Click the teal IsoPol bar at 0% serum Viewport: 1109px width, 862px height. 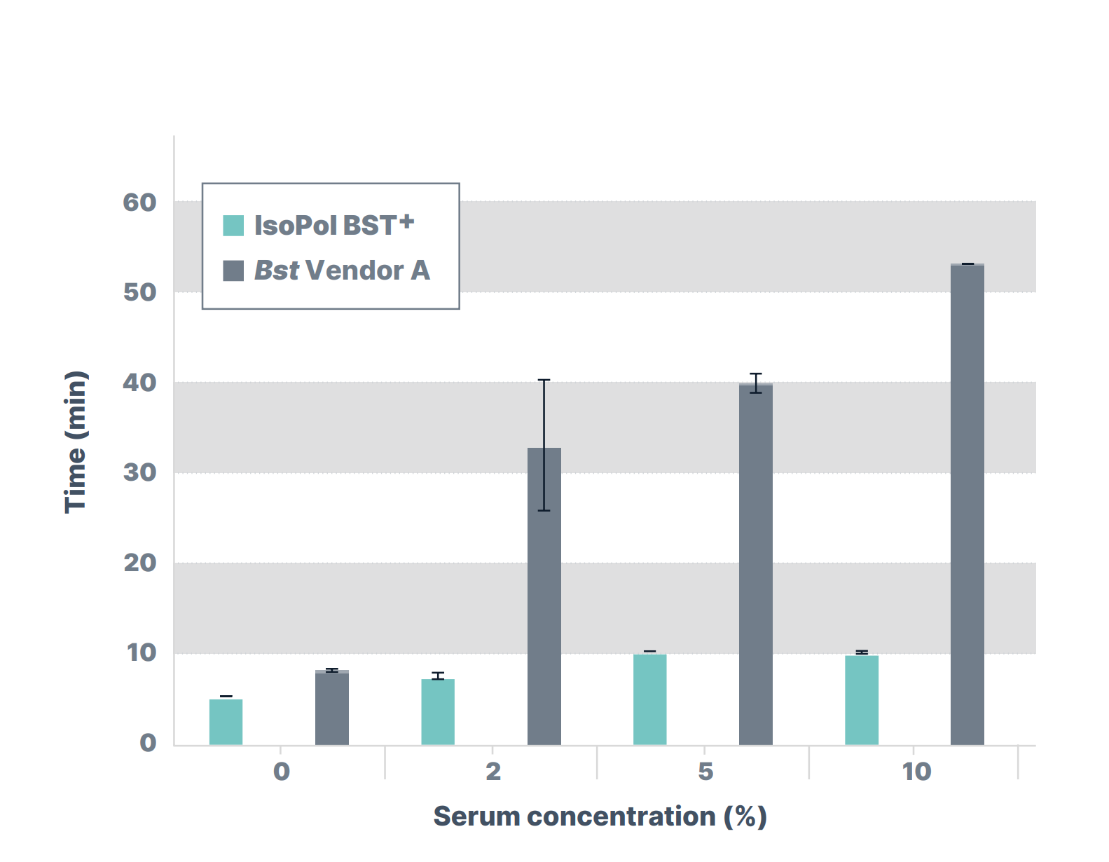(x=226, y=722)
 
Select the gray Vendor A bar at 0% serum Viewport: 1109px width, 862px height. (x=332, y=708)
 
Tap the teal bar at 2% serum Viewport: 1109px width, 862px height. (x=438, y=712)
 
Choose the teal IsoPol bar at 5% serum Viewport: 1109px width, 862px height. (x=649, y=699)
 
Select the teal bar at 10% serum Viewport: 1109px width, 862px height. (x=862, y=699)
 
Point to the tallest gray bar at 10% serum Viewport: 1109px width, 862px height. (x=967, y=505)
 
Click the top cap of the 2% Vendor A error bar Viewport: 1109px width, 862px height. (x=544, y=380)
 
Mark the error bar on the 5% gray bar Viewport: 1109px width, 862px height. (x=756, y=383)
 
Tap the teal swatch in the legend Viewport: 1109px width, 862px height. (x=233, y=226)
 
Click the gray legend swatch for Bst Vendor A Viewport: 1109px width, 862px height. (x=233, y=271)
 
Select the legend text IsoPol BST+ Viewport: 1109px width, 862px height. (x=334, y=226)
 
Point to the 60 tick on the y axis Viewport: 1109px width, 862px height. (x=140, y=203)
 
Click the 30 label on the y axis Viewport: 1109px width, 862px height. (x=140, y=472)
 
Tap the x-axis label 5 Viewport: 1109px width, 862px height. (x=705, y=772)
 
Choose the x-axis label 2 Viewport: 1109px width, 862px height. (x=493, y=772)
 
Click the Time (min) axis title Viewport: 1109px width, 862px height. (x=76, y=442)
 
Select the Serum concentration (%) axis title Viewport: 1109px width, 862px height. (x=600, y=816)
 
